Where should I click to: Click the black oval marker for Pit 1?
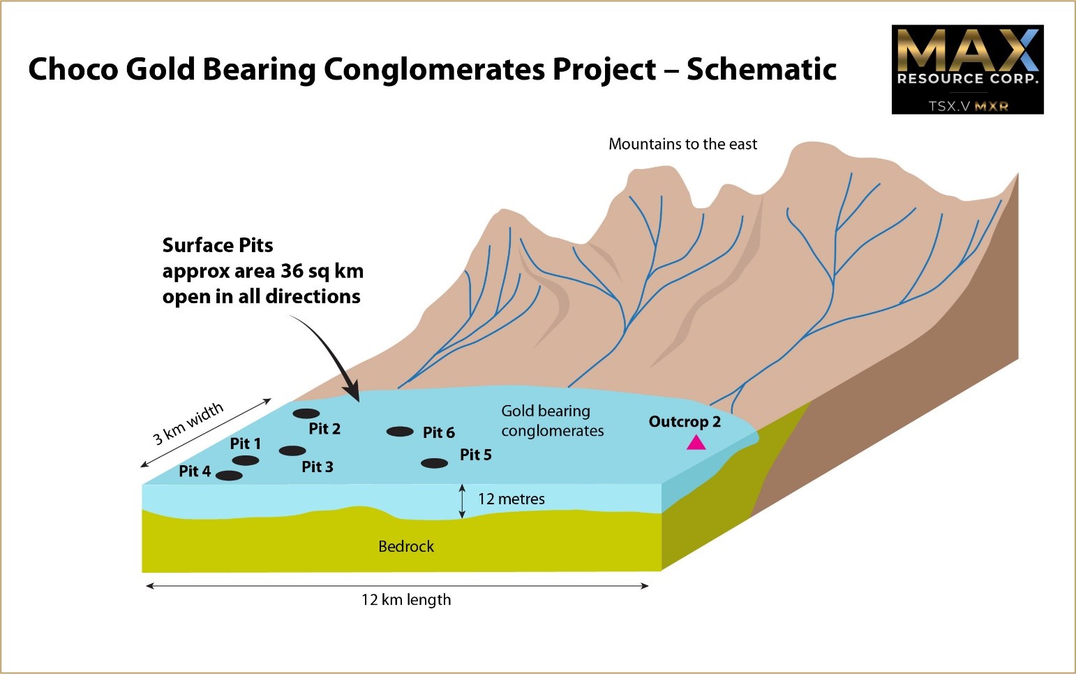246,460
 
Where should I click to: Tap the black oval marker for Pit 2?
306,413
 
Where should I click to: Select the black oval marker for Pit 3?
292,451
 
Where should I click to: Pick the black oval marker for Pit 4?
229,476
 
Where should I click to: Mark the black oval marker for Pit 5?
435,464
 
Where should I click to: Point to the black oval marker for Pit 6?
400,432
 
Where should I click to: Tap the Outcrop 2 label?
685,422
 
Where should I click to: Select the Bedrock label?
406,546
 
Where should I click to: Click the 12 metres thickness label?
511,499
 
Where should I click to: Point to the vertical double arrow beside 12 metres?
462,501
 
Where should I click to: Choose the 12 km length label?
406,600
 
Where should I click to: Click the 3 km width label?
188,423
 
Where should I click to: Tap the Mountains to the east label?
682,144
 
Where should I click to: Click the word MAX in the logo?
967,51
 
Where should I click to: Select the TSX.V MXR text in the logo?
968,105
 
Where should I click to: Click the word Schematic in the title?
761,68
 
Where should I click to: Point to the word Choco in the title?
73,68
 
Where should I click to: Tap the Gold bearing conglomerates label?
553,420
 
